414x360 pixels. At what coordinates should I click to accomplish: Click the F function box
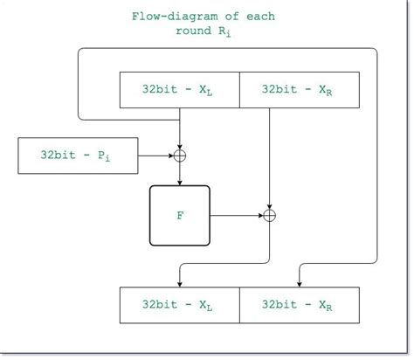[180, 214]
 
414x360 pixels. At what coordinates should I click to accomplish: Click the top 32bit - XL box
[179, 90]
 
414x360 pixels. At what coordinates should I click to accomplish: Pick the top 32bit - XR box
[298, 90]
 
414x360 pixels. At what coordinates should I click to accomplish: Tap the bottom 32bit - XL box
[179, 306]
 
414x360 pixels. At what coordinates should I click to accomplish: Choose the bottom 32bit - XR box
[298, 306]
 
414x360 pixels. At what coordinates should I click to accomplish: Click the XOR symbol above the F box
[180, 155]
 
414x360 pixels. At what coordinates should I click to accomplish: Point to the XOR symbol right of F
[270, 214]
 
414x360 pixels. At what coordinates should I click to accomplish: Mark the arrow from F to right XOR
[236, 214]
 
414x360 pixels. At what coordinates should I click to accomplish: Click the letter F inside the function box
[180, 214]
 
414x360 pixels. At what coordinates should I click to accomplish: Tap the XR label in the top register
[323, 91]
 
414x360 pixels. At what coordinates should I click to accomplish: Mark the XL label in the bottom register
[204, 307]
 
